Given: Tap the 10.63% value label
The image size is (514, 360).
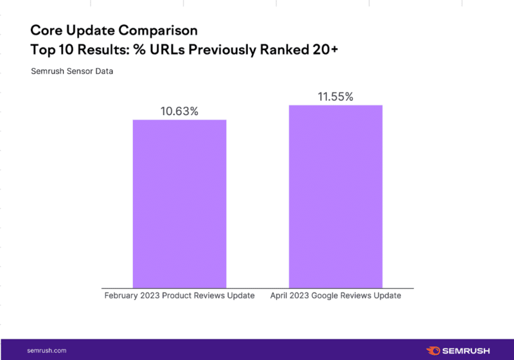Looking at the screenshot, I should click(179, 111).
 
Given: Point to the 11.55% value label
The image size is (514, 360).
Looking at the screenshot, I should click(335, 96).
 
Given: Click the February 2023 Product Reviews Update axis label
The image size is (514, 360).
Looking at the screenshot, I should click(179, 296).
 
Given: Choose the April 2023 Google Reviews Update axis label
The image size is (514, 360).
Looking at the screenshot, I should click(335, 296).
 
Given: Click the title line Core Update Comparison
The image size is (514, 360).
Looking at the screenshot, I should click(114, 31).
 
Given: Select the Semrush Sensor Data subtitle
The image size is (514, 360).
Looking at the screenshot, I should click(71, 71).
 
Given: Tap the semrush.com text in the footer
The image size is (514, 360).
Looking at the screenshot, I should click(46, 350).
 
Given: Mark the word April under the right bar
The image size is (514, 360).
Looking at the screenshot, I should click(280, 296).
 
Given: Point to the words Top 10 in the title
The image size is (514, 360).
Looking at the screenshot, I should click(51, 50).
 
